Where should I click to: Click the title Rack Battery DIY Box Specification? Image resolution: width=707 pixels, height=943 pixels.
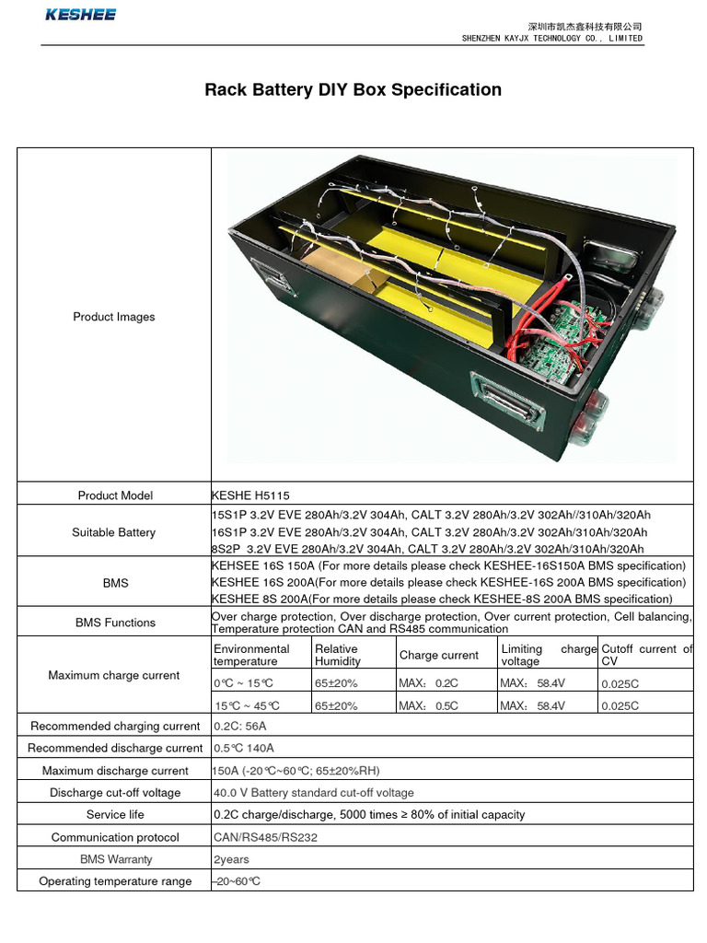tap(353, 90)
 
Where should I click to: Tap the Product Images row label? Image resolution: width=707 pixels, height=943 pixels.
tap(114, 317)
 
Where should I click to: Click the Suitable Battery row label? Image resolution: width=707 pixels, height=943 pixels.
tap(114, 532)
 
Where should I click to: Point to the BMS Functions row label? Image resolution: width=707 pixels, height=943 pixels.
tap(115, 623)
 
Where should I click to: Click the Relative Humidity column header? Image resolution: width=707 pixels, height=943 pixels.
tap(338, 655)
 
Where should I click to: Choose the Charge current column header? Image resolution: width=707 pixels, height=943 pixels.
tap(439, 655)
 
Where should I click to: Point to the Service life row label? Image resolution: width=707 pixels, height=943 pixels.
tap(115, 815)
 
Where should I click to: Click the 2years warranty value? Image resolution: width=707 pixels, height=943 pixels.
tap(231, 860)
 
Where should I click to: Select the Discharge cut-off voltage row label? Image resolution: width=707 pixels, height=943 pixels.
tap(115, 793)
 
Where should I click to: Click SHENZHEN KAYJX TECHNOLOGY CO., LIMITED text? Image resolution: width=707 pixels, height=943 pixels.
tap(552, 39)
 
